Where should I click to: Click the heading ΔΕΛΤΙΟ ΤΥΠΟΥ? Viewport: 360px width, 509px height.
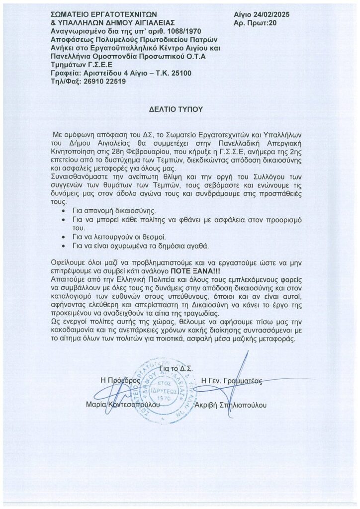tap(180, 108)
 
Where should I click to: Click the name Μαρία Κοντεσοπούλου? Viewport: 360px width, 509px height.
tap(124, 405)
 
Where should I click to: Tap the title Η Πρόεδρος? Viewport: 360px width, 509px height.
tap(118, 379)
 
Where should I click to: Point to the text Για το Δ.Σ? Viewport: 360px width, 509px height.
tap(177, 368)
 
